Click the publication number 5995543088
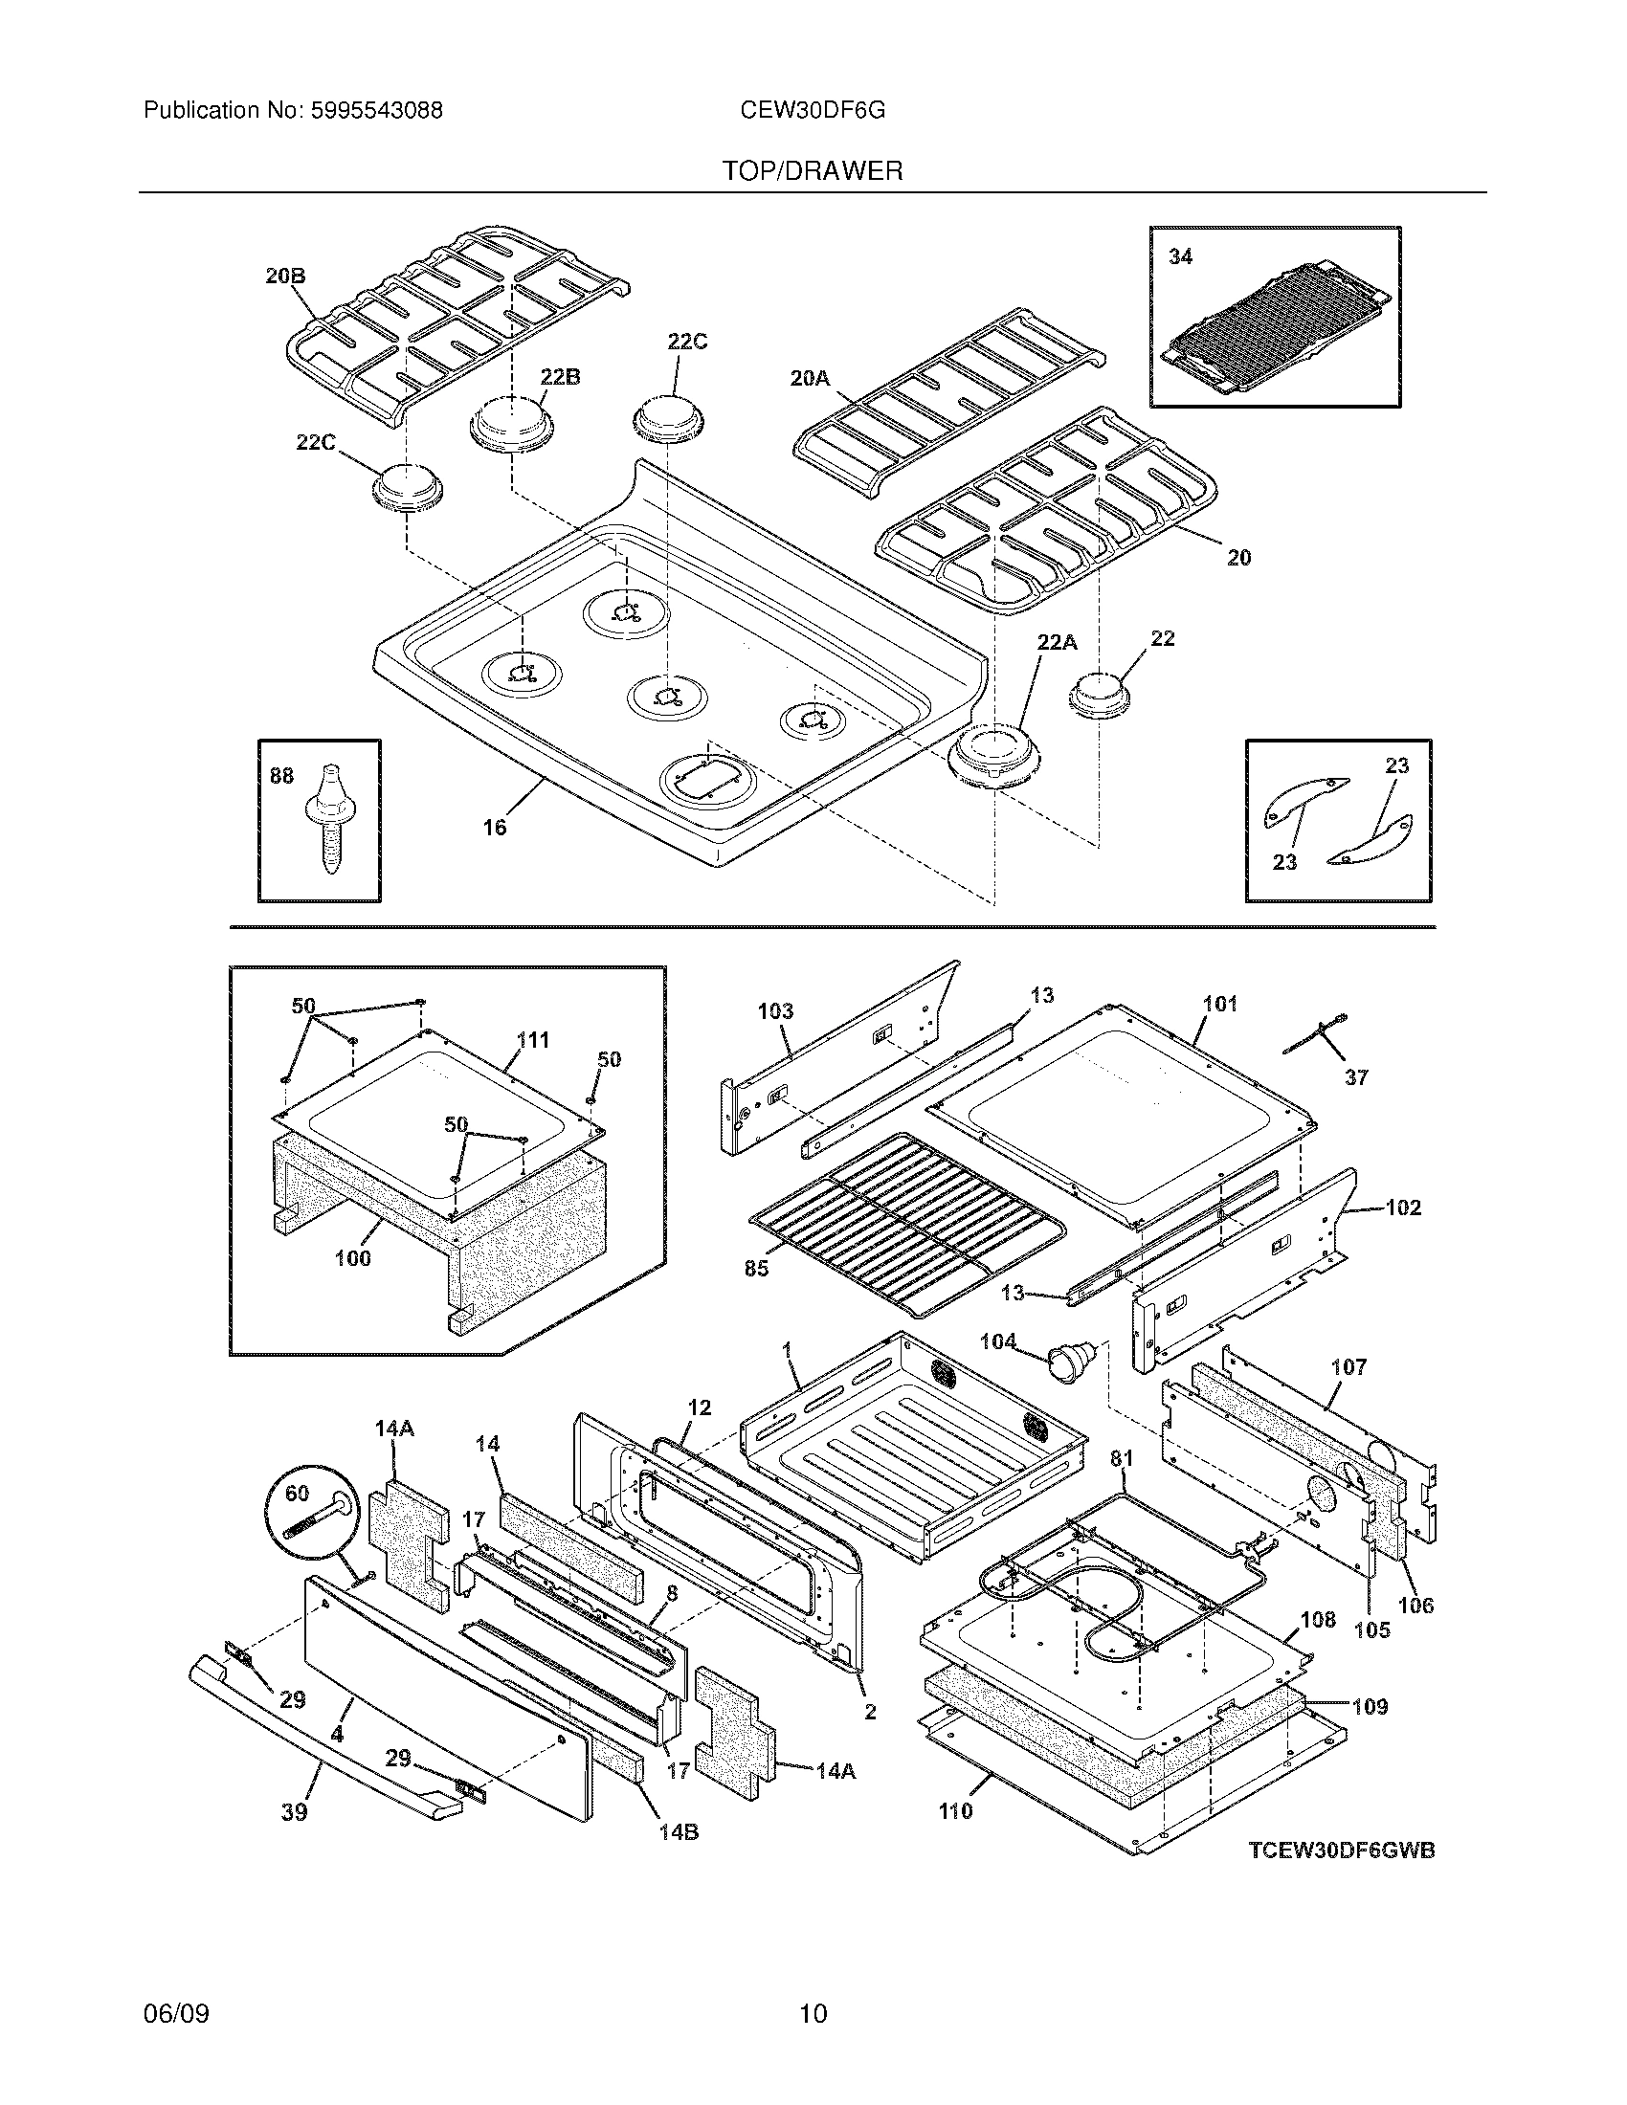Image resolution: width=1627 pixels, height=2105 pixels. [x=376, y=111]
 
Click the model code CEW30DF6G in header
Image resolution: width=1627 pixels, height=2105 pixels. [x=812, y=111]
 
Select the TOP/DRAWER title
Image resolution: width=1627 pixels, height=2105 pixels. [x=813, y=171]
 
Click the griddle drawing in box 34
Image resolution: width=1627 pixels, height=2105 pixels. [x=1274, y=327]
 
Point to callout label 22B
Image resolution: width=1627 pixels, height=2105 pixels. [x=560, y=377]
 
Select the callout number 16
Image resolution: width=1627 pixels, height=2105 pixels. [x=495, y=827]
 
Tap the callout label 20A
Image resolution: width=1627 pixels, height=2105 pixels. [x=810, y=379]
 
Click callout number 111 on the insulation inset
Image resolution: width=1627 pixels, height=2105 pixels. [x=533, y=1040]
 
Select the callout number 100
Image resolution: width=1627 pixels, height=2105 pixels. [x=353, y=1258]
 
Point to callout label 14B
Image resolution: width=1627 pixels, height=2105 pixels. [x=679, y=1832]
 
